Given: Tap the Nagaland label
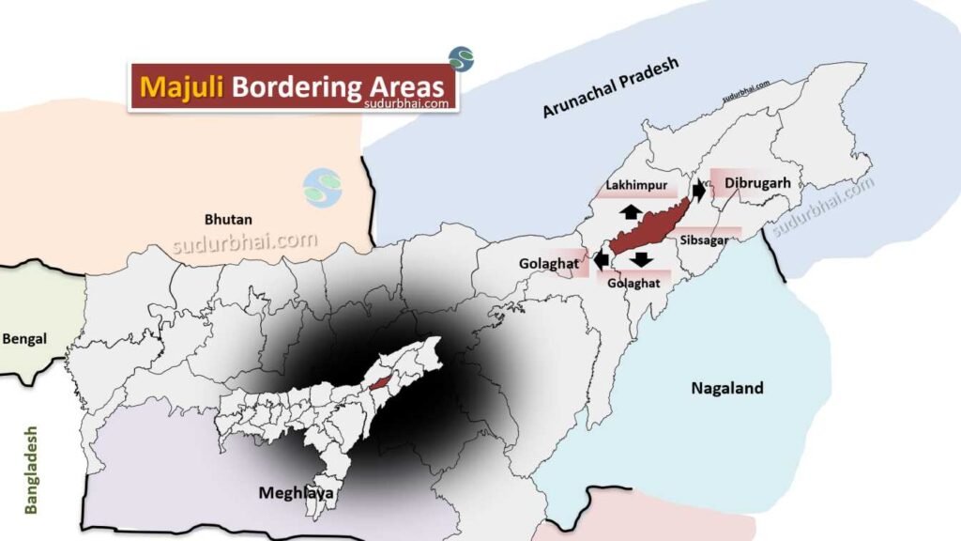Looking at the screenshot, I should [726, 388].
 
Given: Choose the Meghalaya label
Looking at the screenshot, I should [296, 492].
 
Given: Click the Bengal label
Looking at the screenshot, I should [25, 338].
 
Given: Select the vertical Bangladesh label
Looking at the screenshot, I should [33, 470].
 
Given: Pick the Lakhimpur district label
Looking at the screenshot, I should [631, 186].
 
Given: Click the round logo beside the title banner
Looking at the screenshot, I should [461, 59].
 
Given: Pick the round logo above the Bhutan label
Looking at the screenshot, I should [323, 188].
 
